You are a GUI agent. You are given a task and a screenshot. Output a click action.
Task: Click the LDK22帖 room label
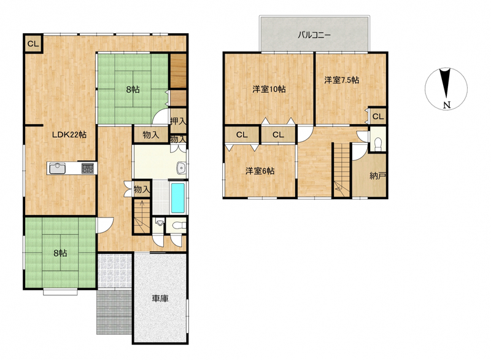[69, 135]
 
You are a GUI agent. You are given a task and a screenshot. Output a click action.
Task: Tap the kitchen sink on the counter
[56, 168]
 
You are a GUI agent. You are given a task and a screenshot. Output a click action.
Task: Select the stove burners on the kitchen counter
[88, 168]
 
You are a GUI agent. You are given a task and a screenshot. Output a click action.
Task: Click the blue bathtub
[178, 198]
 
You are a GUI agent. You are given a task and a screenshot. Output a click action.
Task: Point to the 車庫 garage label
[160, 299]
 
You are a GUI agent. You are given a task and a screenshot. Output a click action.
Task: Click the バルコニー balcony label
[314, 35]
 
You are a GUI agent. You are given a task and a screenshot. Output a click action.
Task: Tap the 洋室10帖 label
[269, 89]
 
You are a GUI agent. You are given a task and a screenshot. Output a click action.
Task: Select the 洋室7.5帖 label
[341, 80]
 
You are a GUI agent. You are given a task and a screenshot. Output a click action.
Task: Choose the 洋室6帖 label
[260, 171]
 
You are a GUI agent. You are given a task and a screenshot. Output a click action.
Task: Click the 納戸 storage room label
[377, 176]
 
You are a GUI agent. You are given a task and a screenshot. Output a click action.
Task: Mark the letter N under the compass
[447, 105]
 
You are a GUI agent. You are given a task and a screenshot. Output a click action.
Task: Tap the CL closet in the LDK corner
[33, 44]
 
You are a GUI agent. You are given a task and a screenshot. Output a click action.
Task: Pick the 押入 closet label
[178, 121]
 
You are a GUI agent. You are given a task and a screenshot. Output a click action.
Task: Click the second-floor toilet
[378, 144]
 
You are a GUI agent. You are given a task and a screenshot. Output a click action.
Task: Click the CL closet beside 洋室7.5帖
[378, 117]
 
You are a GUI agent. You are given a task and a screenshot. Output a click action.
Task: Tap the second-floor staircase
[341, 170]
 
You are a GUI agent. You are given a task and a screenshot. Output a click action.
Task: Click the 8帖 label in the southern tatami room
[60, 253]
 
